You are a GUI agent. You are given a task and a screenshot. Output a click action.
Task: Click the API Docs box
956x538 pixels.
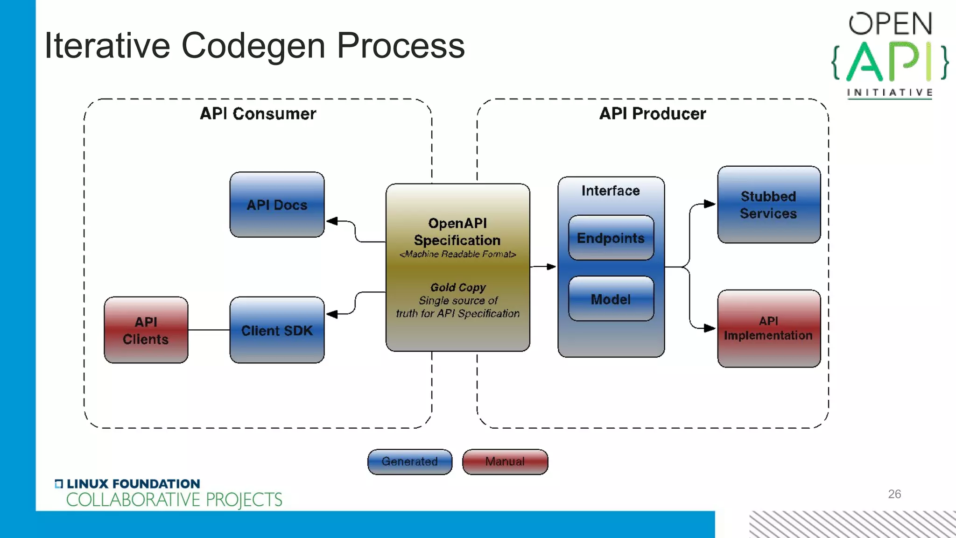pyautogui.click(x=277, y=205)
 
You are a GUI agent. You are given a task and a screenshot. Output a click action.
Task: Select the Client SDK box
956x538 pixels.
pyautogui.click(x=277, y=330)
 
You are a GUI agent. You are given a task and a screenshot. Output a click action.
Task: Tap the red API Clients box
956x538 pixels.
pyautogui.click(x=146, y=330)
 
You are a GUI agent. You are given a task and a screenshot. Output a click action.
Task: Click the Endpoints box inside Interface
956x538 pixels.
pyautogui.click(x=611, y=238)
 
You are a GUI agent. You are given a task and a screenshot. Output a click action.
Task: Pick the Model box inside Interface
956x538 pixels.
pyautogui.click(x=611, y=299)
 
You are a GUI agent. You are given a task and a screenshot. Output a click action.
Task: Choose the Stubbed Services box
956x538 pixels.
pyautogui.click(x=768, y=205)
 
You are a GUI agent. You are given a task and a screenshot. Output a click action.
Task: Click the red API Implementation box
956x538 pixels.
pyautogui.click(x=768, y=328)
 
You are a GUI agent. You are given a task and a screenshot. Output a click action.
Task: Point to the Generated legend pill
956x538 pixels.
pyautogui.click(x=409, y=461)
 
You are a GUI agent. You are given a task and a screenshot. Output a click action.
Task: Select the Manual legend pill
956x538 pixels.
pyautogui.click(x=505, y=461)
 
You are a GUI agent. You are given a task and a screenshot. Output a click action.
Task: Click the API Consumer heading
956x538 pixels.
pyautogui.click(x=258, y=113)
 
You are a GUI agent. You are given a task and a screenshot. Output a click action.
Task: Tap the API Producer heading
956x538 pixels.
pyautogui.click(x=652, y=113)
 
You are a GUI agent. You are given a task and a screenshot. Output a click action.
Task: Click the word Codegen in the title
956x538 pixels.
pyautogui.click(x=253, y=46)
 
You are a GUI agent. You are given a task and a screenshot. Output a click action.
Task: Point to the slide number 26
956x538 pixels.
pyautogui.click(x=894, y=494)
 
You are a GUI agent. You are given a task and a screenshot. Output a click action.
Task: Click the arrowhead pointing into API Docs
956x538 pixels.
pyautogui.click(x=332, y=221)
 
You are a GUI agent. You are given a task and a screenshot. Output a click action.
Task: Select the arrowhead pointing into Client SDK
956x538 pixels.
pyautogui.click(x=332, y=314)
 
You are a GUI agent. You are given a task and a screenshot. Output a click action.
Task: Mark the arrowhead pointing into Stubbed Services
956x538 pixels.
pyautogui.click(x=710, y=204)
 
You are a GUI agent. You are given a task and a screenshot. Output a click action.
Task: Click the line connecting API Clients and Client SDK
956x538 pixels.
pyautogui.click(x=209, y=330)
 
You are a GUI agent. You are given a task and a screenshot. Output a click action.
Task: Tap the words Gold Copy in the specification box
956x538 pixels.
pyautogui.click(x=457, y=287)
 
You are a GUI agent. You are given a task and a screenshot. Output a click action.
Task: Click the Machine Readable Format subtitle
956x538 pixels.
pyautogui.click(x=457, y=254)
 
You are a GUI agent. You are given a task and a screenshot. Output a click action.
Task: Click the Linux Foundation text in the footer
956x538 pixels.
pyautogui.click(x=133, y=484)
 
